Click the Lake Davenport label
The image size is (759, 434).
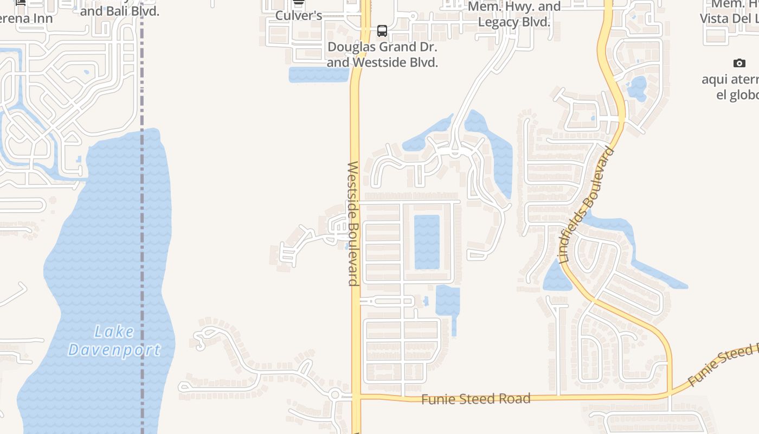coord(114,341)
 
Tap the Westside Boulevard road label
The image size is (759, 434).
coord(353,224)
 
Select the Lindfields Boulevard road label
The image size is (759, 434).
coord(587,205)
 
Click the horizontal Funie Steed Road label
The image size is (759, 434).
coord(475,399)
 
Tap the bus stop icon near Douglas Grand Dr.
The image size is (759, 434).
coord(382,30)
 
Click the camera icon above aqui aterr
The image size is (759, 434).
coord(739,63)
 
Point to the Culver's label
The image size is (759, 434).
coord(299,15)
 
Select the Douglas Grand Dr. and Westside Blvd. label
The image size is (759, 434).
coord(382,54)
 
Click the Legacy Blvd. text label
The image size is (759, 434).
coord(514,22)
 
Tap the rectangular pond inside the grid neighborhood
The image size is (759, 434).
coord(427,242)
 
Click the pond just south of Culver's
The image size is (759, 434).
coord(318,75)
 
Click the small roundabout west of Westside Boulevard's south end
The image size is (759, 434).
coord(335,395)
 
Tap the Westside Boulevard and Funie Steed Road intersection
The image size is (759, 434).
coord(356,398)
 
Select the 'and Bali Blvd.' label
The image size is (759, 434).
coord(120,11)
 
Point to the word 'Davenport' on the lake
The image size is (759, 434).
coord(114,350)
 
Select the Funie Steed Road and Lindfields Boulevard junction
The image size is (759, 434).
coord(671,394)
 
